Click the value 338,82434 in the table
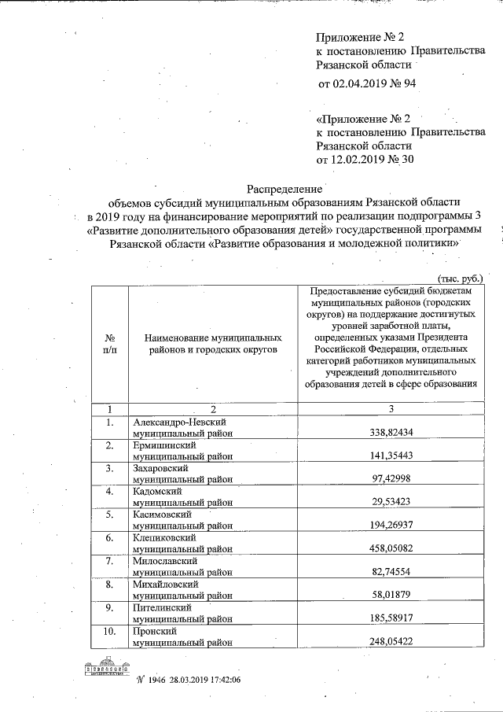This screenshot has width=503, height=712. (x=391, y=433)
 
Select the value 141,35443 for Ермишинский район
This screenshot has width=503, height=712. (x=391, y=456)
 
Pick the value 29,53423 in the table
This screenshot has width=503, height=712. (x=391, y=502)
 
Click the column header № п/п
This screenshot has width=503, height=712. (x=111, y=343)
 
